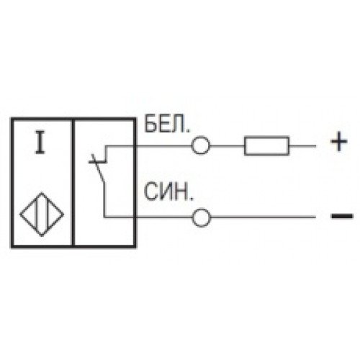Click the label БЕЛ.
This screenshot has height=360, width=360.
coord(167,124)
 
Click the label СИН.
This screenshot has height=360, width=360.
coord(168,192)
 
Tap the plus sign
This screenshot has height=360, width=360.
coord(339,142)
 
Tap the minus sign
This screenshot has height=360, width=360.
coord(342,216)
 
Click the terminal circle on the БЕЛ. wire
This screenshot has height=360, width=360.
coord(201,145)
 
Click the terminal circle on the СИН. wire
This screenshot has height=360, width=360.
coord(202,217)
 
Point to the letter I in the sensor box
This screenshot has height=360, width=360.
coord(40,142)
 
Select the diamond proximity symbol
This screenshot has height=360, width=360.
coord(42,215)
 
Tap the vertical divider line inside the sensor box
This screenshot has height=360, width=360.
coord(73,182)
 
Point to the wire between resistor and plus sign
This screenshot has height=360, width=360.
coord(302,145)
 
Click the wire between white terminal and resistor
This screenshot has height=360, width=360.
coord(227,145)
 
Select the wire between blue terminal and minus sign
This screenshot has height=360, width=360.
coord(264,217)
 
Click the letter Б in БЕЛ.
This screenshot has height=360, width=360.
coord(150,124)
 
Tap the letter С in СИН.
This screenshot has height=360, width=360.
coord(150,192)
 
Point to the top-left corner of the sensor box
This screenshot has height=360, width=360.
coord(12,118)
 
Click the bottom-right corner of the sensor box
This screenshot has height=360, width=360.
coord(135,246)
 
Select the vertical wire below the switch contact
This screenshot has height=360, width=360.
coord(104,200)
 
